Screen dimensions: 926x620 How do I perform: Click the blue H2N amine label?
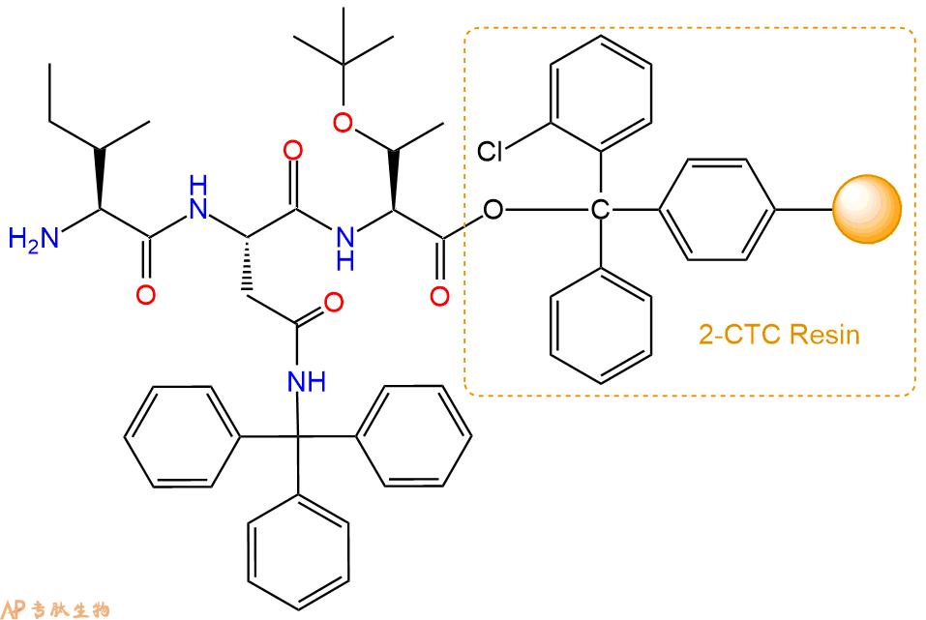point(34,239)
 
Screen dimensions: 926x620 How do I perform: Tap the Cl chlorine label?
point(490,152)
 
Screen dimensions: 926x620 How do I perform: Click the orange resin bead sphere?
point(867,209)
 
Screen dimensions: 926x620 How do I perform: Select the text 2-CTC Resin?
point(780,335)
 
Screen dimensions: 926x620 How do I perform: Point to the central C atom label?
point(600,210)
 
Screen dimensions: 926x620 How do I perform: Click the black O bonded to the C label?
point(493,210)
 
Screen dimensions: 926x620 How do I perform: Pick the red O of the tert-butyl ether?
point(343,123)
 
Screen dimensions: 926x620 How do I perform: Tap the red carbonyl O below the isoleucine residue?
point(146,295)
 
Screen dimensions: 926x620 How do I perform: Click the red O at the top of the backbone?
point(293,151)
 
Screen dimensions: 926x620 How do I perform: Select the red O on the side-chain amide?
point(334,303)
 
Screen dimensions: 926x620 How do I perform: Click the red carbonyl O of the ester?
point(439,296)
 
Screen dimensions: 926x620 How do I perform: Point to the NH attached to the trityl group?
point(307,382)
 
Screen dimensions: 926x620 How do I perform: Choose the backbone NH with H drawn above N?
point(197,198)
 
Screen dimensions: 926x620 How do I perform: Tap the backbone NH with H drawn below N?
point(345,250)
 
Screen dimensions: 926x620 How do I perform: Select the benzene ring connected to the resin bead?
point(716,209)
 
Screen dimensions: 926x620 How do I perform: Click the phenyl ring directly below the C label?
point(601,326)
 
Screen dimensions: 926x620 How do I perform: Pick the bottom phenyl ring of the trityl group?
point(298,552)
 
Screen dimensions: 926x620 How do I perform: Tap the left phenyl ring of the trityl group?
point(183,437)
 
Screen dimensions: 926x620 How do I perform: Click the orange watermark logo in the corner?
point(55,608)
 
